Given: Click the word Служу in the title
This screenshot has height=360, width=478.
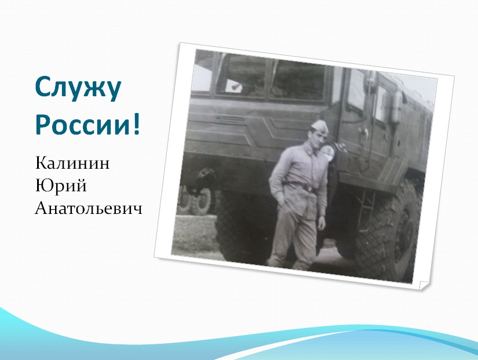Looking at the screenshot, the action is tap(78, 89).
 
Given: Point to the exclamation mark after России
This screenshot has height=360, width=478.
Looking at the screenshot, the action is tap(136, 123).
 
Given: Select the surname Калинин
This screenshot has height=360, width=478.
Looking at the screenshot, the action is tap(72, 163).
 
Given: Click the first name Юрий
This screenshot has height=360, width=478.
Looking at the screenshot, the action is tap(61, 186).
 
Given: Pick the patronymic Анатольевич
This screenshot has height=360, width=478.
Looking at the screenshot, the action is tap(89, 209).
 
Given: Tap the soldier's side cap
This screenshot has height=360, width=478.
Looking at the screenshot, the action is tap(319, 126).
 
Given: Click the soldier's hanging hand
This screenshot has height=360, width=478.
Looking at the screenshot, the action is tap(322, 223).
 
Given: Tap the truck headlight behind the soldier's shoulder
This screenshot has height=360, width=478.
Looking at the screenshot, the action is tap(329, 152).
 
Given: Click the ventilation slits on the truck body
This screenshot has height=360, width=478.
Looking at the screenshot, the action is tap(231, 119).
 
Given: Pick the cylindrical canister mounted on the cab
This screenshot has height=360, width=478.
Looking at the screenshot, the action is tap(397, 106).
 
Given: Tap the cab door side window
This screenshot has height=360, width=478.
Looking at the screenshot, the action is tap(357, 89).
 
